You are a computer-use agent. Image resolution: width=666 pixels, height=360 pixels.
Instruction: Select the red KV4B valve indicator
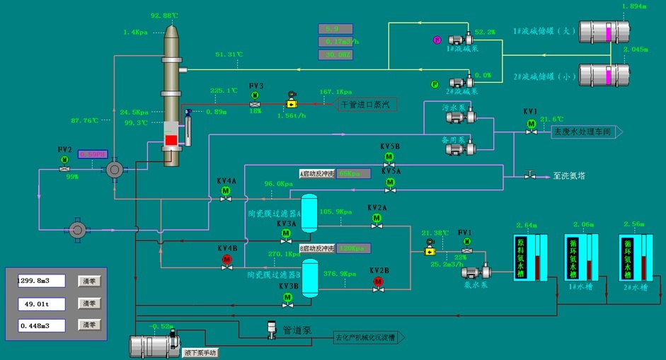[x=227, y=260]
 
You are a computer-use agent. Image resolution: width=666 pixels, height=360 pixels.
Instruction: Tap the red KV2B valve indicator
[x=378, y=282]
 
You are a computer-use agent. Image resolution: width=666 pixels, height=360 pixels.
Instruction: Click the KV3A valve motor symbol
[x=287, y=234]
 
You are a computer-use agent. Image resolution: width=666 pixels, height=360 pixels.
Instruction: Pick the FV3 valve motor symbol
[x=256, y=95]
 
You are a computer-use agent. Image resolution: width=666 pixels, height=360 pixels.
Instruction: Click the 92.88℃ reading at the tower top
[x=166, y=16]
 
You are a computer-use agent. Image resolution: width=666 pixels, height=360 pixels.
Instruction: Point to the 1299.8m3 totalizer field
[x=42, y=281]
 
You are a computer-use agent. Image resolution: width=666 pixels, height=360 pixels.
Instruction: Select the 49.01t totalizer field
[x=42, y=303]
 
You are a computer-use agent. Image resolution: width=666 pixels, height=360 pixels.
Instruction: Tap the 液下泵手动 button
[x=202, y=352]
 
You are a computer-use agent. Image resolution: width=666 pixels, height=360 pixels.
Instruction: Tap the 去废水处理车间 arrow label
[x=583, y=132]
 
